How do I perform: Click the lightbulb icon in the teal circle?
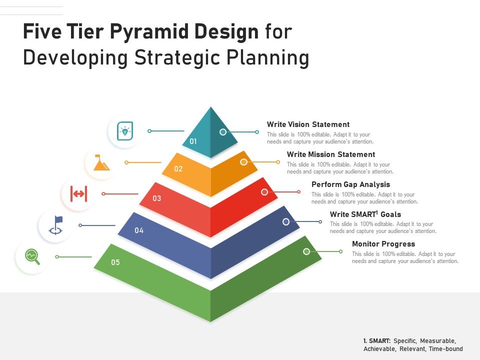pyautogui.click(x=124, y=131)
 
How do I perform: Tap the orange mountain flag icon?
pyautogui.click(x=101, y=162)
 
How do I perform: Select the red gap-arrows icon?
pyautogui.click(x=78, y=193)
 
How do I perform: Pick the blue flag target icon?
pyautogui.click(x=55, y=225)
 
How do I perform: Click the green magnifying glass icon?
pyautogui.click(x=32, y=256)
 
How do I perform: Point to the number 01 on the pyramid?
pyautogui.click(x=193, y=141)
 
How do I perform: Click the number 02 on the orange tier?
pyautogui.click(x=178, y=169)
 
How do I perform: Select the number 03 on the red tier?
pyautogui.click(x=157, y=198)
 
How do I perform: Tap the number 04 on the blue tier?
pyautogui.click(x=139, y=230)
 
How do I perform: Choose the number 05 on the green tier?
pyautogui.click(x=115, y=262)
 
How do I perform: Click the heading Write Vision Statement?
pyautogui.click(x=308, y=124)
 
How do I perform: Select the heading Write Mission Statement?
pyautogui.click(x=330, y=154)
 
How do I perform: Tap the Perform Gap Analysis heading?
pyautogui.click(x=350, y=184)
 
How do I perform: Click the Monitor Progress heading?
pyautogui.click(x=383, y=244)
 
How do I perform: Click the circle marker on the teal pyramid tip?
pyautogui.click(x=223, y=132)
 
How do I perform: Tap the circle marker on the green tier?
pyautogui.click(x=306, y=251)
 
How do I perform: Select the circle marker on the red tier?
pyautogui.click(x=264, y=192)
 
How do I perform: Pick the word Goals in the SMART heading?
pyautogui.click(x=391, y=214)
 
